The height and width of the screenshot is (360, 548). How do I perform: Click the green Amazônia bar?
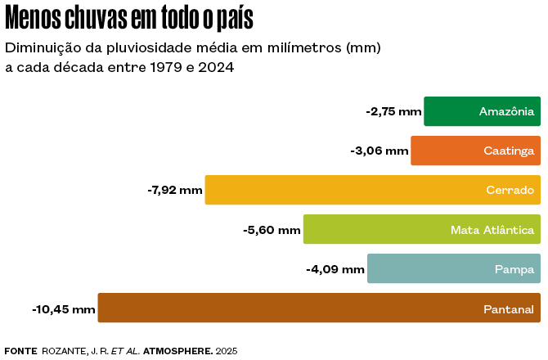tap(482, 111)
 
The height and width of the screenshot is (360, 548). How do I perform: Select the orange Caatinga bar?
tap(475, 151)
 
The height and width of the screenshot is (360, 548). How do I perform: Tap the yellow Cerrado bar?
tap(372, 190)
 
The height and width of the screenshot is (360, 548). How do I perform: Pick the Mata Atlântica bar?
tap(421, 229)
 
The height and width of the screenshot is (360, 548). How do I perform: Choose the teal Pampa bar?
tap(453, 268)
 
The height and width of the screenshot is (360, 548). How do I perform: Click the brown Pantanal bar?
tap(319, 308)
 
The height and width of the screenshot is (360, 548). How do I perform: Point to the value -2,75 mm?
tap(393, 111)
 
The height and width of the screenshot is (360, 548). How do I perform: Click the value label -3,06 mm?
tap(380, 151)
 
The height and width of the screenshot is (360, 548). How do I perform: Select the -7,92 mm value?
tap(174, 190)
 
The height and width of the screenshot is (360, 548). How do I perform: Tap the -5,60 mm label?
tap(272, 230)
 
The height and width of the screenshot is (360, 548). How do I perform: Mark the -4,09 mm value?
tap(335, 268)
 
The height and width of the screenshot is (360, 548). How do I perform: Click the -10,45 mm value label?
tap(64, 308)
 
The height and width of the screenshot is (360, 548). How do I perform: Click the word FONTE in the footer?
tap(20, 350)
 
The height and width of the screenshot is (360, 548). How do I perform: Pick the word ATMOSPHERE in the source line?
tap(177, 350)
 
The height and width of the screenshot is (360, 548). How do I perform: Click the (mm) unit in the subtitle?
tap(364, 47)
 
